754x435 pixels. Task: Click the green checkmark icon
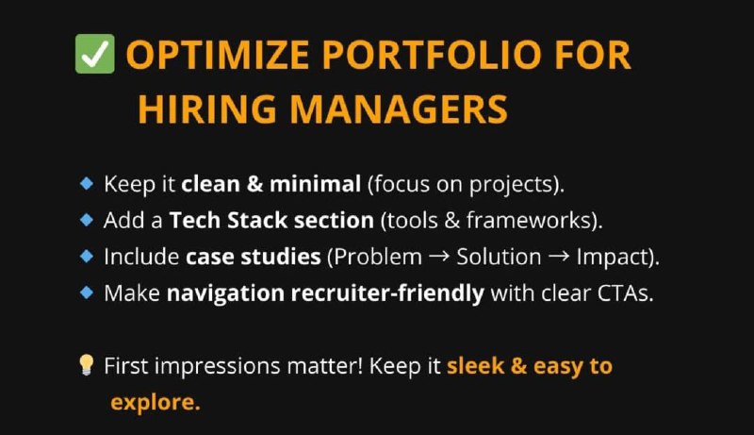(95, 54)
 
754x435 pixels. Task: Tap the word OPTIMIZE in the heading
(218, 55)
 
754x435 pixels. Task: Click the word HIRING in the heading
(207, 109)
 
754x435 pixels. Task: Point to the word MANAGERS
(399, 109)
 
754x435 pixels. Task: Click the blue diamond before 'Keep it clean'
(87, 183)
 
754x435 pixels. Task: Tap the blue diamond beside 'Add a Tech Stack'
(87, 220)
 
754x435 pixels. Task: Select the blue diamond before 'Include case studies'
(87, 256)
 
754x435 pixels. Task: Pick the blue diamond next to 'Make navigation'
(87, 293)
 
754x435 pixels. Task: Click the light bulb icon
(86, 365)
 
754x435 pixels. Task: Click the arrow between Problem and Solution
(438, 257)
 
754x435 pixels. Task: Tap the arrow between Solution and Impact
(559, 257)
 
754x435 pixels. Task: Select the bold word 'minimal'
(315, 184)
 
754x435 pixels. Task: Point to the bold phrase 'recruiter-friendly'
(387, 293)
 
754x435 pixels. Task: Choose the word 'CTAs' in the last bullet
(623, 293)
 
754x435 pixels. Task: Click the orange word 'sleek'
(476, 366)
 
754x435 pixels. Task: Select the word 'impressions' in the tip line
(218, 367)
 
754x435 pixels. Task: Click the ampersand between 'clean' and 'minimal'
(254, 184)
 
